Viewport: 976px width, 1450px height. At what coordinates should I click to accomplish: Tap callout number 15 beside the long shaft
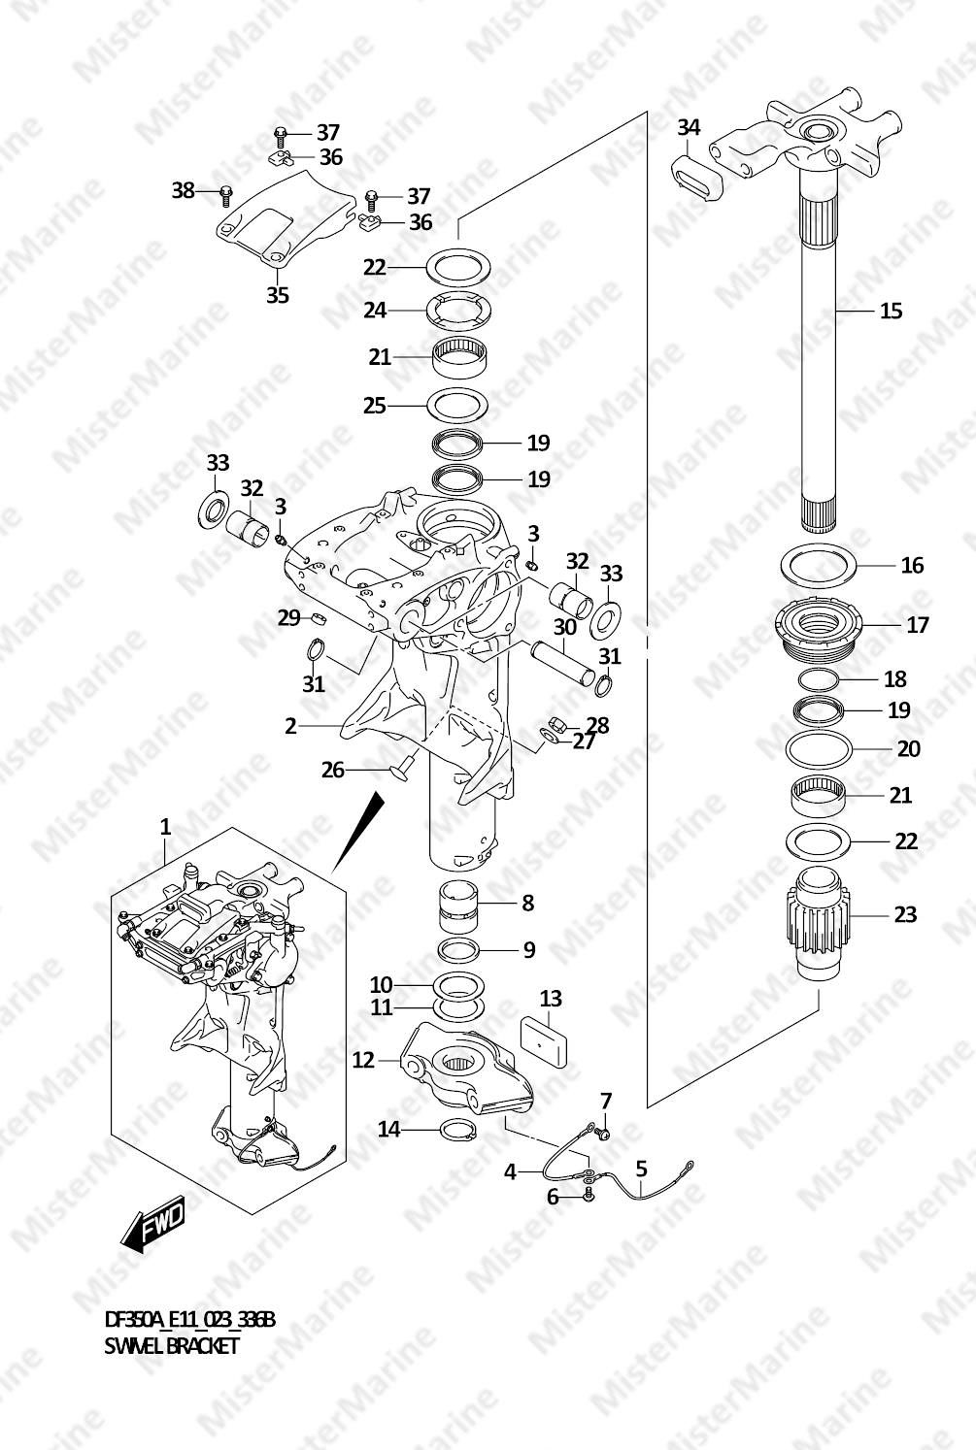[x=892, y=311]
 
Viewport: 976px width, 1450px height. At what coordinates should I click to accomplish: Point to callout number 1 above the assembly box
[x=165, y=826]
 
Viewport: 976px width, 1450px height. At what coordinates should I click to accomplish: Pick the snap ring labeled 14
[x=458, y=1131]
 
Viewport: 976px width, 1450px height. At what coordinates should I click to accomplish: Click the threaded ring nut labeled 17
[x=820, y=629]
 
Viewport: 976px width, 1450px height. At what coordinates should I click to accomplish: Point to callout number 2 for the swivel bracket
[x=290, y=726]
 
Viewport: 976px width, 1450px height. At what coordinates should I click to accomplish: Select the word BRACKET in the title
[x=203, y=1346]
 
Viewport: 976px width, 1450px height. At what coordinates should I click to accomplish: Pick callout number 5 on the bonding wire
[x=641, y=1169]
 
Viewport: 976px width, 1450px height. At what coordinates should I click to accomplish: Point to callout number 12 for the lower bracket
[x=362, y=1060]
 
